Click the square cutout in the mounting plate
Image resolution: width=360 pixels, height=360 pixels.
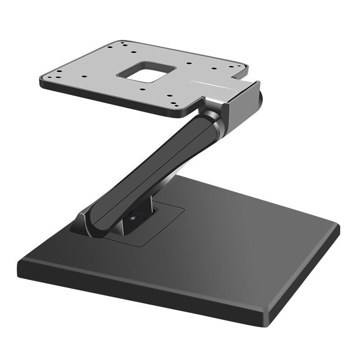point(146,72)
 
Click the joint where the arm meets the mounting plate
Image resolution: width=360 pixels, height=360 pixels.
point(211,112)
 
